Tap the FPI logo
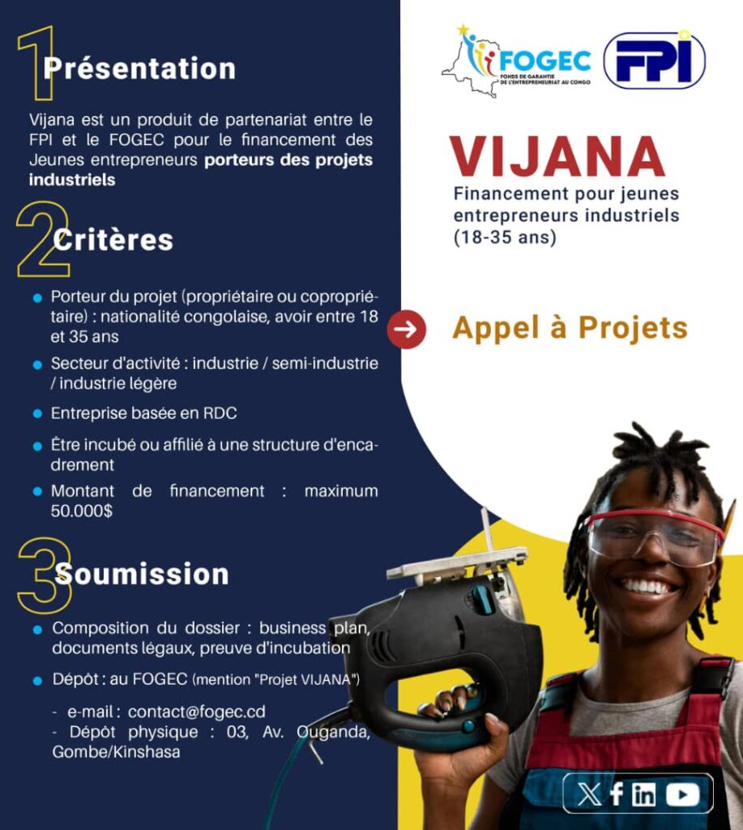click(x=655, y=60)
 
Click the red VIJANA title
click(x=557, y=156)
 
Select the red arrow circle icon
click(x=406, y=329)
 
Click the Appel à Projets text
click(x=570, y=327)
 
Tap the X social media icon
click(x=590, y=794)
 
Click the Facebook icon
click(x=617, y=794)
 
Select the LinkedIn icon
click(x=643, y=794)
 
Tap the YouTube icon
click(x=683, y=794)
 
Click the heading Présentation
click(x=139, y=69)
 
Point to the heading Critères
click(x=113, y=240)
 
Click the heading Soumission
click(x=142, y=575)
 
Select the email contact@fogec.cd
click(x=196, y=712)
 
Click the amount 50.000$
click(x=82, y=511)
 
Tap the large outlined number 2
click(x=43, y=239)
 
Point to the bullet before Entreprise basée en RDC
click(x=37, y=413)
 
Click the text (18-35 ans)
click(x=505, y=237)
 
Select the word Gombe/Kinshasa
click(x=116, y=751)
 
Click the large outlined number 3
click(x=45, y=575)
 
